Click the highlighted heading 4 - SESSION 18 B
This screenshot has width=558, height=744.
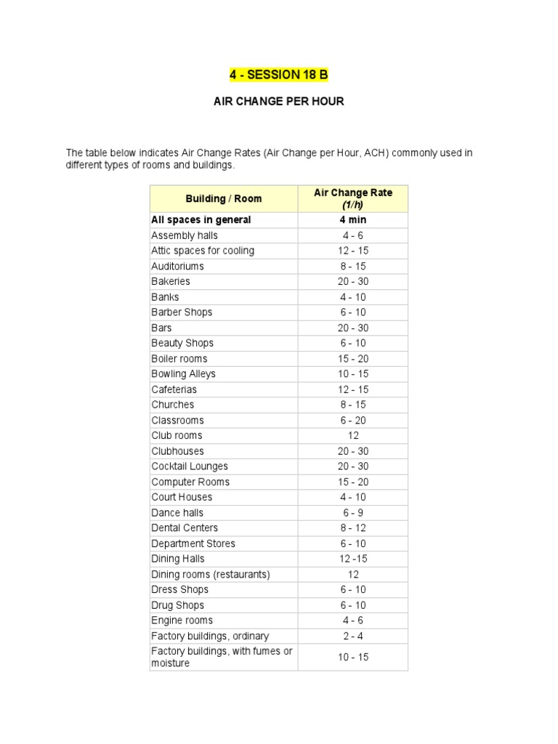click(x=278, y=75)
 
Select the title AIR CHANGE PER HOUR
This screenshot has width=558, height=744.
click(x=278, y=102)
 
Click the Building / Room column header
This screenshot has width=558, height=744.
click(x=224, y=198)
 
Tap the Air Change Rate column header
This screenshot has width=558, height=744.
click(x=352, y=198)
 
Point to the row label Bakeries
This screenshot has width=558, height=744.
click(x=171, y=281)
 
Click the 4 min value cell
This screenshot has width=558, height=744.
click(x=352, y=220)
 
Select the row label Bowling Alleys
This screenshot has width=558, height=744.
click(x=183, y=374)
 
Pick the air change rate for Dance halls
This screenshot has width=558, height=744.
click(x=352, y=513)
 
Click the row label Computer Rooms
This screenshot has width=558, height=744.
click(x=190, y=482)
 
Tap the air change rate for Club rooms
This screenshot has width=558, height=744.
click(x=352, y=436)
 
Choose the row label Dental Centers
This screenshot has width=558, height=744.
click(x=185, y=528)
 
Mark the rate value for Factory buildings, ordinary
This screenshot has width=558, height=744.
click(x=352, y=636)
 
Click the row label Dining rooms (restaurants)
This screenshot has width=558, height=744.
click(x=211, y=575)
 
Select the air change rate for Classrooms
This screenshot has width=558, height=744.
click(x=352, y=421)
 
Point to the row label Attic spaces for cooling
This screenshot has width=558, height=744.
click(x=203, y=251)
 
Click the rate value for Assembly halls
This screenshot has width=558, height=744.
click(x=352, y=235)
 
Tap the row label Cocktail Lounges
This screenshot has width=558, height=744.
click(x=190, y=466)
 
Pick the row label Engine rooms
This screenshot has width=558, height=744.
click(x=182, y=620)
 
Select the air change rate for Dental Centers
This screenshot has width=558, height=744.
click(x=352, y=528)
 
